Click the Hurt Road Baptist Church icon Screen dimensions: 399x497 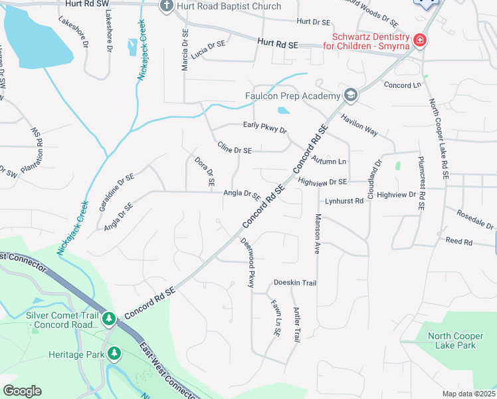tap(167, 7)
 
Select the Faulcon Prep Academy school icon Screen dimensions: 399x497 tap(350, 96)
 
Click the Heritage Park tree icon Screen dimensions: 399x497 tap(115, 353)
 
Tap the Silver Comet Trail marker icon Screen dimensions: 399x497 tap(109, 320)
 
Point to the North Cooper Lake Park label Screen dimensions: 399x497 tap(452, 340)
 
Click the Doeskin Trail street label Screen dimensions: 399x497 tap(295, 283)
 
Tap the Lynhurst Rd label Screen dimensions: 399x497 tap(344, 201)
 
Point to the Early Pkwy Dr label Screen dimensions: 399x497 tap(264, 127)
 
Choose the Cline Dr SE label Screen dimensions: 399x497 tap(235, 148)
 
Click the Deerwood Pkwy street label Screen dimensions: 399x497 tap(247, 263)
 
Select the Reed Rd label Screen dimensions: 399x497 tap(458, 241)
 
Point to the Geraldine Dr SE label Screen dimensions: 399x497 tap(117, 192)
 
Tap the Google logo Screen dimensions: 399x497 tap(22, 390)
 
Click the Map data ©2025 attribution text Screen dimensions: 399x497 tap(468, 394)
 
